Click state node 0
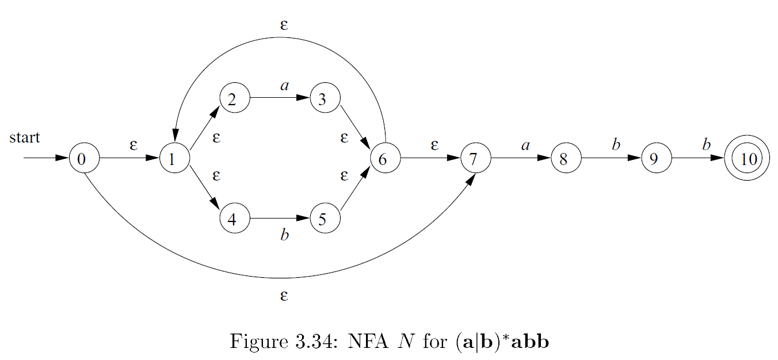[84, 158]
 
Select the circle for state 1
[174, 158]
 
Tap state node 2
[234, 98]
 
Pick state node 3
[325, 98]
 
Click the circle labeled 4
[234, 219]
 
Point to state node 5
[325, 219]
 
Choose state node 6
[385, 158]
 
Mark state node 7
[475, 158]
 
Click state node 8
[566, 158]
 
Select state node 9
[656, 158]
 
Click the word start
[25, 137]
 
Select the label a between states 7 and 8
[525, 145]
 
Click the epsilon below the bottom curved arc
[284, 296]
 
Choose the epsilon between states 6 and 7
[434, 145]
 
